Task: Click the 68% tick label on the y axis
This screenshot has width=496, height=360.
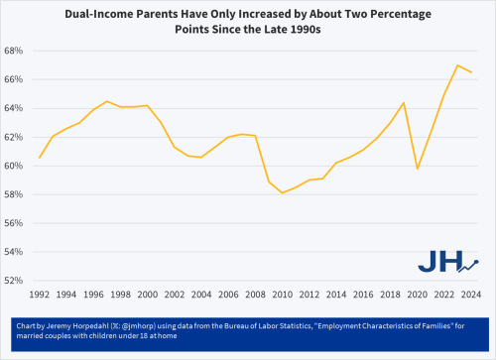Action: [x=13, y=51]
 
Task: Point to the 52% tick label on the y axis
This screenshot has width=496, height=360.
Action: [x=13, y=281]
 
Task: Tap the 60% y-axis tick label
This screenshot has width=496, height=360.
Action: [x=13, y=166]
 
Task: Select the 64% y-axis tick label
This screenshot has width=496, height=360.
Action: [x=13, y=108]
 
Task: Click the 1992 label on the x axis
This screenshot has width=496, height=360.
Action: [x=40, y=295]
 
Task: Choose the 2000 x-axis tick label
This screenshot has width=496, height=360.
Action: [x=148, y=295]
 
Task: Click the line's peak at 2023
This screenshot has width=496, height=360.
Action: [x=456, y=65]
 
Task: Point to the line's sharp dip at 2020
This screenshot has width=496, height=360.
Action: [x=417, y=169]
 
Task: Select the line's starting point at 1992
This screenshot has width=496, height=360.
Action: [x=40, y=158]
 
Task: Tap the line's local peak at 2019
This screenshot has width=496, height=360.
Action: [x=403, y=103]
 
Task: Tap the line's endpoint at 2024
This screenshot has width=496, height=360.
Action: [x=470, y=71]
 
